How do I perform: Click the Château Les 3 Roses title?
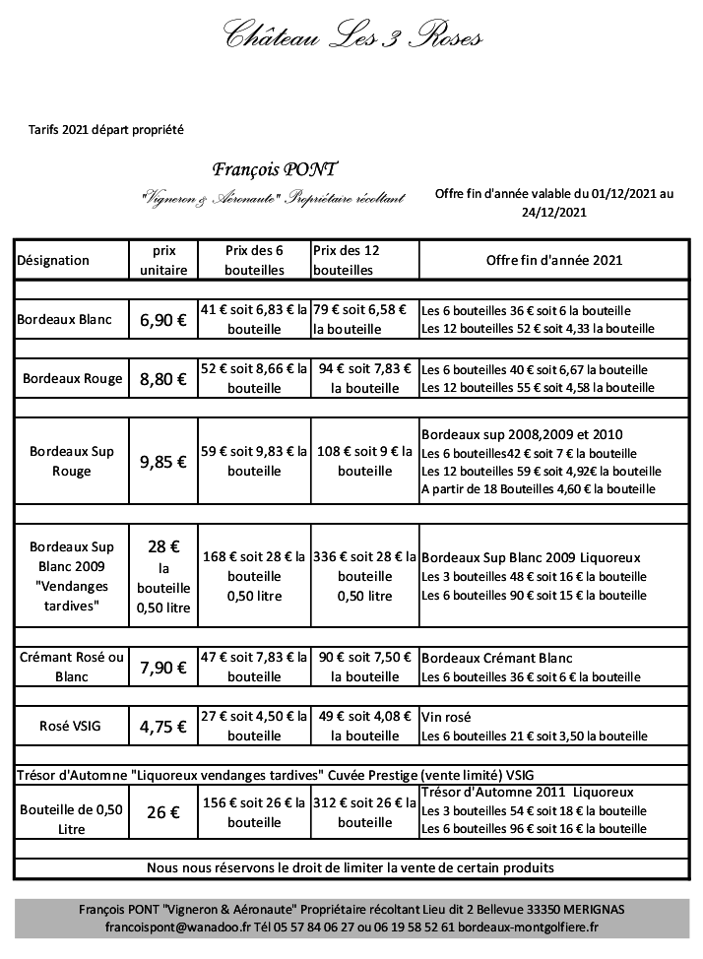coord(352,37)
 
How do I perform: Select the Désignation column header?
coord(53,260)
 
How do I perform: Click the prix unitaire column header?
coord(162,260)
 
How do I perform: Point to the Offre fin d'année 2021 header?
coord(554,260)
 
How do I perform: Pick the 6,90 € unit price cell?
coord(162,320)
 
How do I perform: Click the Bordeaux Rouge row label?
coord(72,378)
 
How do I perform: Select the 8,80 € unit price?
coord(162,378)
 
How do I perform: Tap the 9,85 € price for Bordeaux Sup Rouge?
coord(162,461)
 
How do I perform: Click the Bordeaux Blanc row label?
coord(65,319)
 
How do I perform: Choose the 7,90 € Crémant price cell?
coord(162,668)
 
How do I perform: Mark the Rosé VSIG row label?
coord(72,727)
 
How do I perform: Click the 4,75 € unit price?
coord(162,728)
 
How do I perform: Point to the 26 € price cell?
coord(162,813)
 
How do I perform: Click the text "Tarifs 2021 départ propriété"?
coord(107,128)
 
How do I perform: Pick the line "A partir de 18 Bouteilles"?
coord(538,488)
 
